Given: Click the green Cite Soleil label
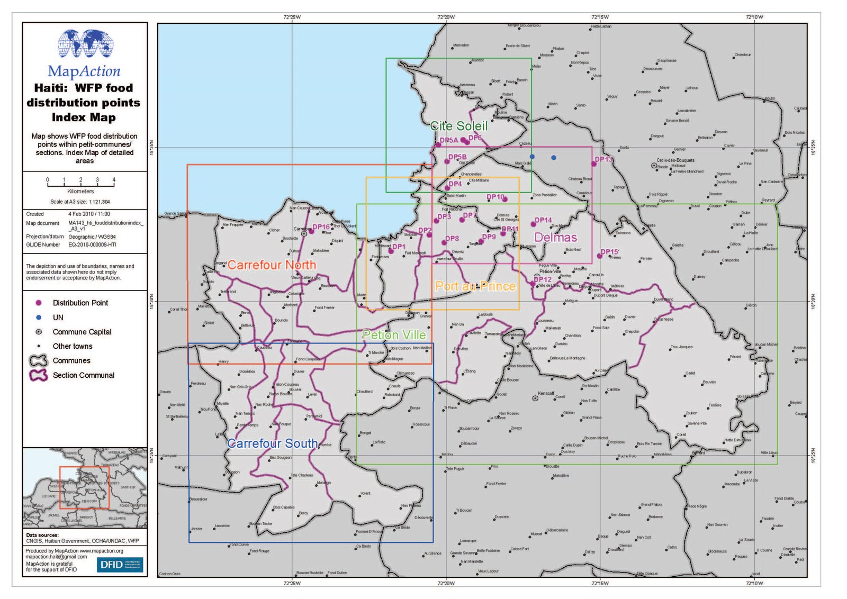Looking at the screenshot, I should point(458,126).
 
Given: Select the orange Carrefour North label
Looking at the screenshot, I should point(272,265).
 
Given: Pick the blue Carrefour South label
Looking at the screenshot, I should point(273,443).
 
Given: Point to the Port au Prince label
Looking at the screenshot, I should point(475,286).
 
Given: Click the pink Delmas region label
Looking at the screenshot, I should point(555,238).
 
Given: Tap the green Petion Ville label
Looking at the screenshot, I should point(394,335).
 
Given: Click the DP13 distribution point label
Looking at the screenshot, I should point(603,159).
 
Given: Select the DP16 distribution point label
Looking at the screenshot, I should point(321,227).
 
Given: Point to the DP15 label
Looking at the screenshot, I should point(609,252).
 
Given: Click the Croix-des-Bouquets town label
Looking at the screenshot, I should point(675,160).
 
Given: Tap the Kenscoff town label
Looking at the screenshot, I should point(546,393).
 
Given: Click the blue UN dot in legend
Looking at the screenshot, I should point(39,317).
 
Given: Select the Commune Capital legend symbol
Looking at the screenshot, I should point(39,332).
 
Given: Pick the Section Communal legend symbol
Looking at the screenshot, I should point(39,375).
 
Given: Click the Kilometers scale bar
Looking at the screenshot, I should point(80,181).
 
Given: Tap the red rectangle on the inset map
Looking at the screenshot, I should point(84,487).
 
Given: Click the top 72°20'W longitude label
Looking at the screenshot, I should point(446,17).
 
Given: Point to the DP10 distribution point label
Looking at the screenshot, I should point(495,197).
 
